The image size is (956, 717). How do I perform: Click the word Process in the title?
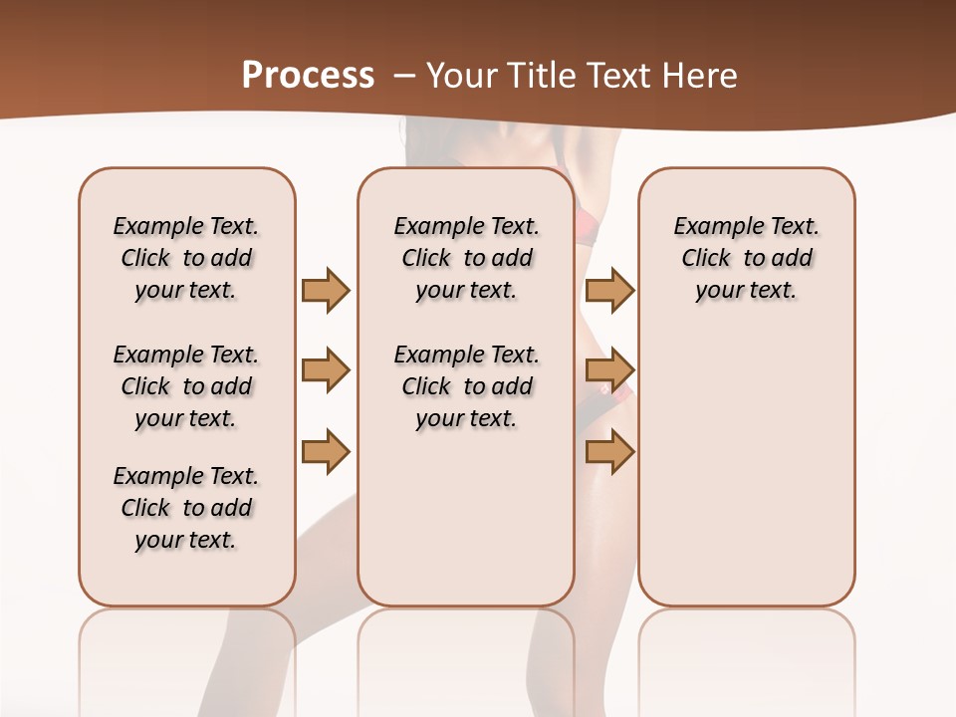[x=308, y=76]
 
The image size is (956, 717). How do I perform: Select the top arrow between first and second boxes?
[x=325, y=290]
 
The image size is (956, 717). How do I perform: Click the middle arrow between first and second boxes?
[x=325, y=370]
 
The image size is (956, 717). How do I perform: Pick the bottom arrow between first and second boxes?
[x=325, y=451]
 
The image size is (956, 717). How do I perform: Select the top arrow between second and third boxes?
[x=609, y=290]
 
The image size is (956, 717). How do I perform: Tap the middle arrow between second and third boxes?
[x=609, y=370]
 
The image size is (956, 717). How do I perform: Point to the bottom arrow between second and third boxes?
[x=609, y=451]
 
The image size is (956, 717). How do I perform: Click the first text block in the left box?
[x=186, y=258]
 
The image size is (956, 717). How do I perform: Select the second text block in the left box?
[x=186, y=386]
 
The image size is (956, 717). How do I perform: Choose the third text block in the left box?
[x=186, y=508]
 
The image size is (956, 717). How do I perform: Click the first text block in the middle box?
[x=466, y=258]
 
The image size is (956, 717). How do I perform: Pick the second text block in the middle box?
[x=466, y=386]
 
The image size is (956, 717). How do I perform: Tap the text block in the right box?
[x=746, y=258]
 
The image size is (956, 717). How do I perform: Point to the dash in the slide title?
[x=403, y=76]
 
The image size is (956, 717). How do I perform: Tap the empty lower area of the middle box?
[x=466, y=518]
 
